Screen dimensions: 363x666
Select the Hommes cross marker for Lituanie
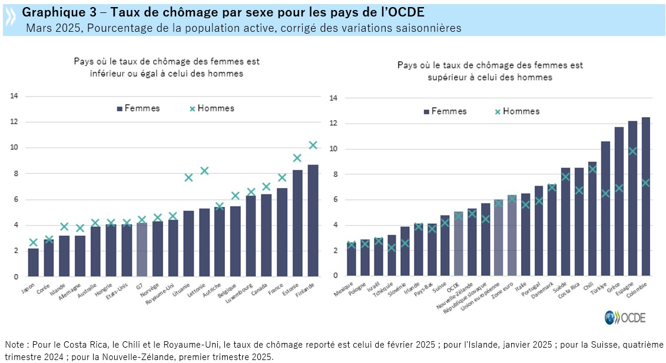[188, 177]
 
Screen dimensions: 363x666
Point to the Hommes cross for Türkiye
[605, 193]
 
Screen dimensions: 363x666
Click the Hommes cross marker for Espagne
[632, 151]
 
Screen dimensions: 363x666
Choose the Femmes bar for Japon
[33, 263]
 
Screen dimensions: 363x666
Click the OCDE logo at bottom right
[625, 317]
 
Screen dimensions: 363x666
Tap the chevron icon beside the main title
[11, 19]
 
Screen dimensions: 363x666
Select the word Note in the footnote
[14, 345]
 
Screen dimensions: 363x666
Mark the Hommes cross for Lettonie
[205, 170]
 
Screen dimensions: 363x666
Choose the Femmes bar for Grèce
[618, 201]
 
